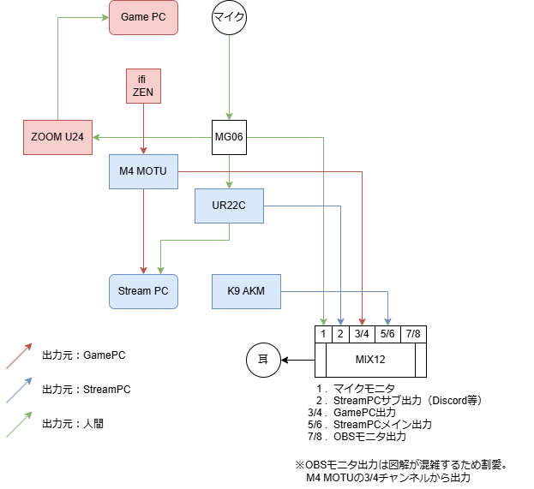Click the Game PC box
(x=144, y=17)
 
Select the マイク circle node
(x=229, y=17)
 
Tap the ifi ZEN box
(x=142, y=86)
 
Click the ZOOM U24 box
(x=57, y=137)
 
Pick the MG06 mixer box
(x=229, y=137)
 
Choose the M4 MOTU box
(x=143, y=172)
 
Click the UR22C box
(x=229, y=206)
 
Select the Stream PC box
(x=143, y=291)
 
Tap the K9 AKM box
(x=246, y=291)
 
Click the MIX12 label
(x=371, y=360)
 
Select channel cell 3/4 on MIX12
(x=363, y=333)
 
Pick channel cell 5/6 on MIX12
(x=387, y=333)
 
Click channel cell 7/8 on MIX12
(x=413, y=333)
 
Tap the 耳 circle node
(x=263, y=360)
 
